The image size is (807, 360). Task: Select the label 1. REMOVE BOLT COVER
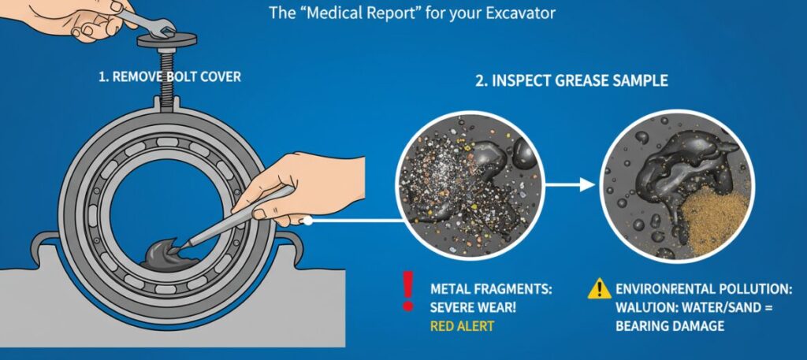click(x=169, y=77)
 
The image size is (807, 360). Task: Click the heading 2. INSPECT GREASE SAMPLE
click(x=572, y=80)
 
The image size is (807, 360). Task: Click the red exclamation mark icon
click(x=407, y=291)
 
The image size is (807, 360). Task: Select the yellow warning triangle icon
click(x=599, y=291)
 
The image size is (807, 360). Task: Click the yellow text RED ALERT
click(x=462, y=325)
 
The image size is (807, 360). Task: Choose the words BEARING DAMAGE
click(x=670, y=325)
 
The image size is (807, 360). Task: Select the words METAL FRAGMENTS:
click(x=490, y=289)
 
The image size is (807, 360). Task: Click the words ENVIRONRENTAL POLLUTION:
click(x=704, y=289)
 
